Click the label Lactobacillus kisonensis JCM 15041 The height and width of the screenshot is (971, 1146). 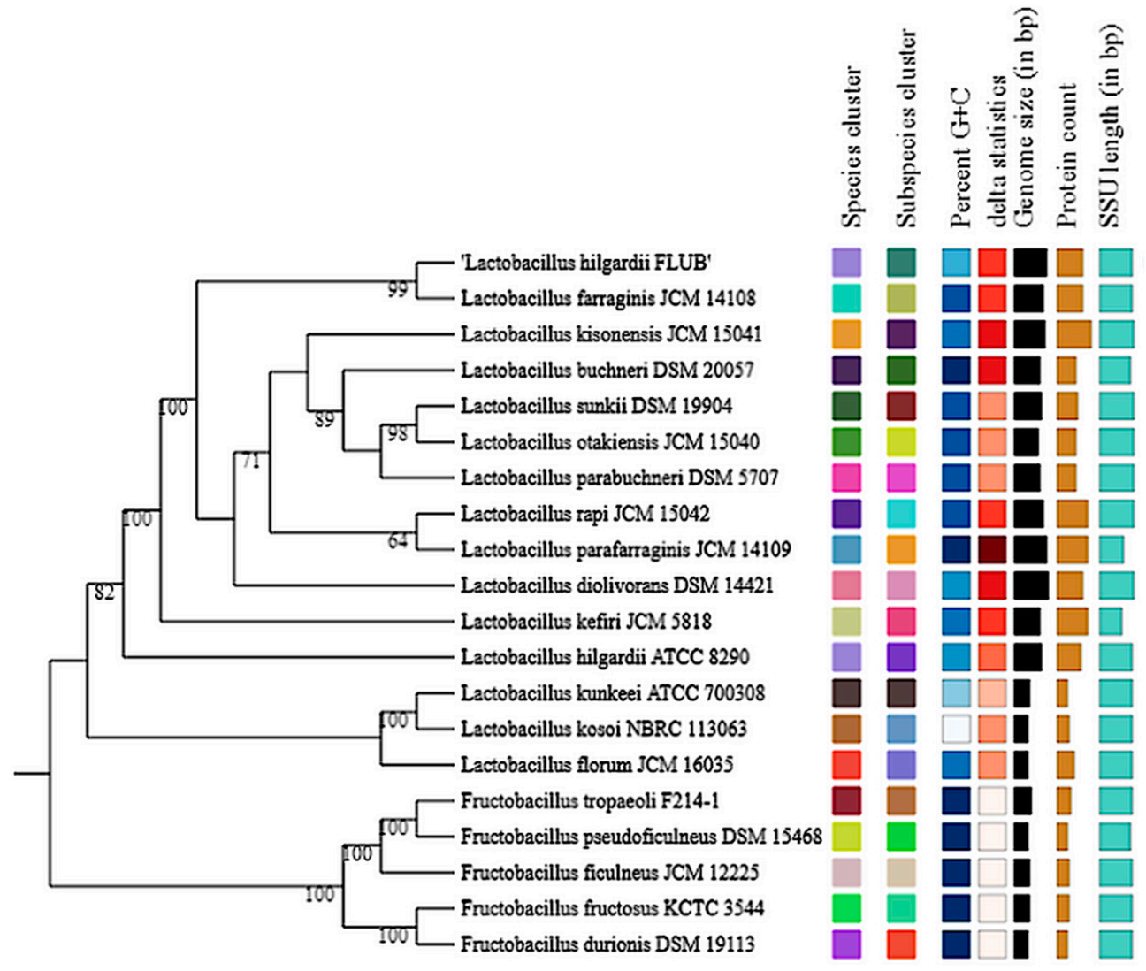(611, 334)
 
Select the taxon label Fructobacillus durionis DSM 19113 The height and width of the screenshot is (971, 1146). (607, 944)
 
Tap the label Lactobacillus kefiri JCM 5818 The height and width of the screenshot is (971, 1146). (585, 622)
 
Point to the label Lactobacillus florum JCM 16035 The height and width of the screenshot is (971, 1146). (597, 765)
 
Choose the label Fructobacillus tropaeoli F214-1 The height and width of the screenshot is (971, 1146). (590, 801)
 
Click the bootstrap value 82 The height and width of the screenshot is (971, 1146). (104, 593)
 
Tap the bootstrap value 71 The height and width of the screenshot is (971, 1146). (250, 461)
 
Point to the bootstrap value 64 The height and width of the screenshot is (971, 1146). (399, 540)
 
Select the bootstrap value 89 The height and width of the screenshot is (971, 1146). (325, 420)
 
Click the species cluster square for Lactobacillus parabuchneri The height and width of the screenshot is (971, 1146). (846, 478)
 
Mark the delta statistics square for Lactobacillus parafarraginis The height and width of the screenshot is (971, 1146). (992, 549)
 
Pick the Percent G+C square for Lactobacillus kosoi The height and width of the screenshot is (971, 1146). (956, 729)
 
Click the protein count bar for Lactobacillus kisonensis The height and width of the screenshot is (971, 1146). (1073, 334)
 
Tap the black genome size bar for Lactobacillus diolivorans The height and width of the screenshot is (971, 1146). (1031, 585)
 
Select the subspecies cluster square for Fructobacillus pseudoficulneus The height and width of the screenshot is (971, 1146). (901, 837)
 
